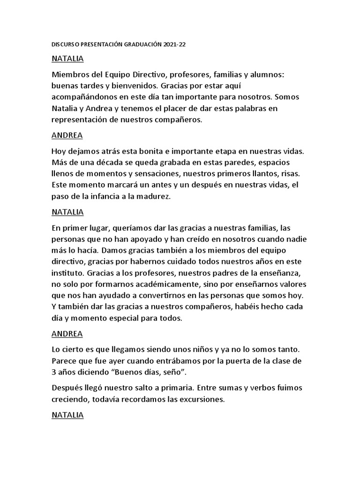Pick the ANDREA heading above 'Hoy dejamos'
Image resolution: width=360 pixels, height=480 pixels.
click(67, 135)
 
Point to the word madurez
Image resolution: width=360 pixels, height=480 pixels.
click(153, 196)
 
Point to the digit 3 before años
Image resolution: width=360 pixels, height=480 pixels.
click(54, 373)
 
